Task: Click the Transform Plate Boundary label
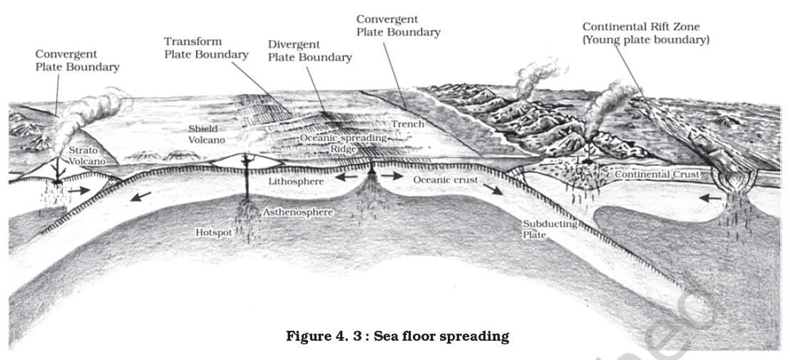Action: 206,47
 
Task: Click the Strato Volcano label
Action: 86,156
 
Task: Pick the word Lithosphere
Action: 297,182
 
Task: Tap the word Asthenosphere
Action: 298,212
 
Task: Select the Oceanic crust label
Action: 447,180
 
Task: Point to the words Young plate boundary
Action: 646,40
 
